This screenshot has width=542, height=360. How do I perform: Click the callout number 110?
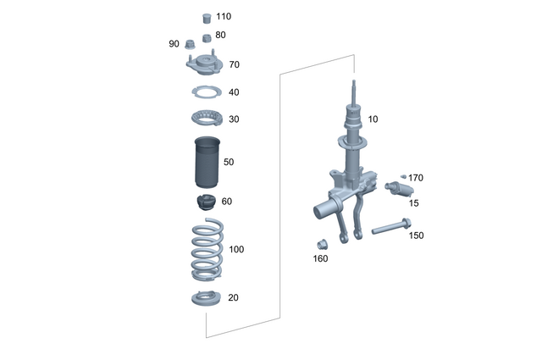click(x=223, y=16)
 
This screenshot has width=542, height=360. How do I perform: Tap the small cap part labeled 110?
click(x=204, y=17)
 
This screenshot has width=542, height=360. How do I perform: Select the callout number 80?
click(x=220, y=35)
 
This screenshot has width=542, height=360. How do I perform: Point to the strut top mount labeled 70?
click(x=203, y=65)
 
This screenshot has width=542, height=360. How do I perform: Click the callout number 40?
click(x=234, y=92)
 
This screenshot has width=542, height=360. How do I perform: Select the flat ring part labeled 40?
click(x=205, y=92)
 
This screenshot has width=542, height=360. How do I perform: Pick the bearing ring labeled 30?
click(x=205, y=118)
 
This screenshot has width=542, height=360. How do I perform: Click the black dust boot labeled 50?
click(x=204, y=161)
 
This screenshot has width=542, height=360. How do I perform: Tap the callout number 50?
click(x=229, y=161)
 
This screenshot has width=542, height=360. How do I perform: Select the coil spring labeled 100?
click(x=204, y=251)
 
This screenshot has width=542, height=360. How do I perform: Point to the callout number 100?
click(x=236, y=249)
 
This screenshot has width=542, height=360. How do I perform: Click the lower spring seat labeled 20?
click(x=205, y=298)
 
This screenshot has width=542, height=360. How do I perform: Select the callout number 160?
click(x=320, y=258)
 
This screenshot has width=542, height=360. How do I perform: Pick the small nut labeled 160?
click(x=322, y=243)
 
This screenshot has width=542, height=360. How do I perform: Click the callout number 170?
click(x=416, y=178)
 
